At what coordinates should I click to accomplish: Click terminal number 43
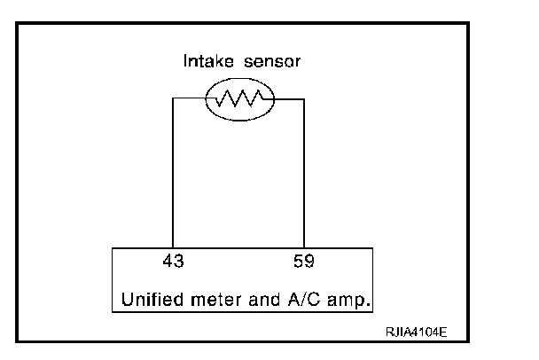coord(175,263)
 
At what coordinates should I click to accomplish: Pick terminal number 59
coord(304,263)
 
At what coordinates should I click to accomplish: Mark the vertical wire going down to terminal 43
coord(171,177)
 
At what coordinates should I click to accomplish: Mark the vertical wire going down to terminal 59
coord(305,177)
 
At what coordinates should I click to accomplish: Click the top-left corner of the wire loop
coord(171,99)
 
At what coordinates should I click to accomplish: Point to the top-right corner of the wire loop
coord(305,99)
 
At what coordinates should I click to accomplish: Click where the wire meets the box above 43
coord(171,249)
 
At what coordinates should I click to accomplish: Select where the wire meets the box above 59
coord(305,249)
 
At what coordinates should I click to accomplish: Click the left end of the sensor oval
coord(206,99)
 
